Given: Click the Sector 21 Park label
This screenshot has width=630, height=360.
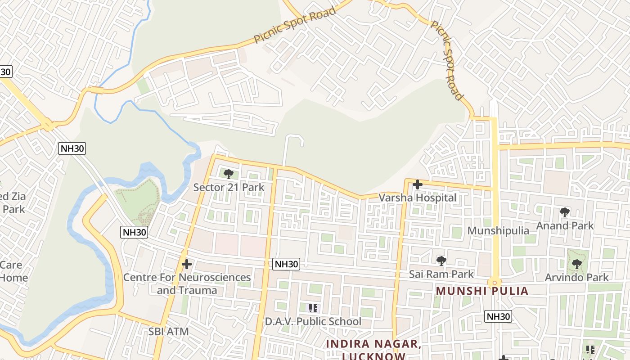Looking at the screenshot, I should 229,187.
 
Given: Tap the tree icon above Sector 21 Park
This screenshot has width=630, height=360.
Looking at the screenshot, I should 229,174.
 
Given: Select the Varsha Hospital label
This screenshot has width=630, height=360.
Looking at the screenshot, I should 417,198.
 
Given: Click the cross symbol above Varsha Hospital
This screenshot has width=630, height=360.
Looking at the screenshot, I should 418,184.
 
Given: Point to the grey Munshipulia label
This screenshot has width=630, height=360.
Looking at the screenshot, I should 498,230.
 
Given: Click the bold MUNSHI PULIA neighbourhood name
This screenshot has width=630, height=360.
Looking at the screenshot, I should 482,291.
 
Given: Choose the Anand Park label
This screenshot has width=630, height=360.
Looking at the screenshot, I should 565,225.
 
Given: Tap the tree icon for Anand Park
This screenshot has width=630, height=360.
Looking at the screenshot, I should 565,212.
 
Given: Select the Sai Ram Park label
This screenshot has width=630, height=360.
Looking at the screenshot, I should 441,274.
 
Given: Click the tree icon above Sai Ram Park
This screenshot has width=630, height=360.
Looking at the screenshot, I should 441,261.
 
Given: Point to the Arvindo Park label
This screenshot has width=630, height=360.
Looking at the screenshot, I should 576,277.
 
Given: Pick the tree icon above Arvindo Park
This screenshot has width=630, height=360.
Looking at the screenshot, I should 576,264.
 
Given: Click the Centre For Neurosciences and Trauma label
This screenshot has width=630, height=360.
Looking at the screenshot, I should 187,283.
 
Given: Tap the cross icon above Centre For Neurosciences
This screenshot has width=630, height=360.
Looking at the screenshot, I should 187,264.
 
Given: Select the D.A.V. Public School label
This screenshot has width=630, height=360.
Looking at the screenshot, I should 313,321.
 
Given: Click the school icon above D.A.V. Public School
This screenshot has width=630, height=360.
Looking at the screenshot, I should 313,308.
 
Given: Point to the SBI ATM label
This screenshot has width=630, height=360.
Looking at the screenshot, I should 169,332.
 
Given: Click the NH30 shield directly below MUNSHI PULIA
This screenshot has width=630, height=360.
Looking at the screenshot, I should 498,316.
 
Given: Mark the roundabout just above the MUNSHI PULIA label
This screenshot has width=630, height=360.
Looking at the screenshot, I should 495,283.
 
